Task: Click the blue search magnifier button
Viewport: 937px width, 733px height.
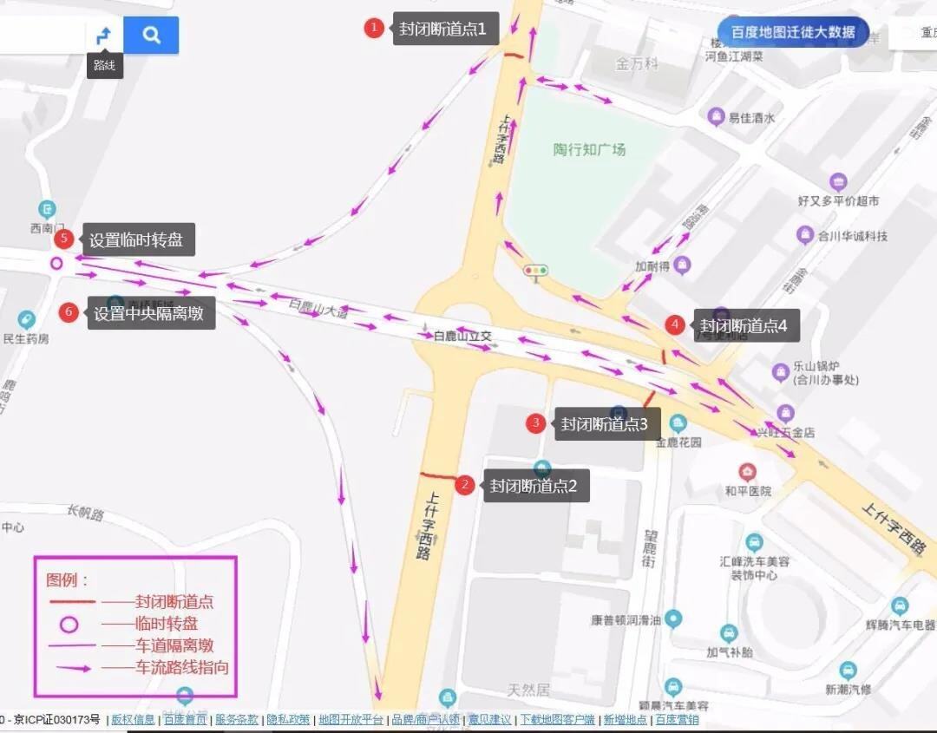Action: pyautogui.click(x=151, y=35)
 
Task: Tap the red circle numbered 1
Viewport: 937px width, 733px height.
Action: pyautogui.click(x=374, y=28)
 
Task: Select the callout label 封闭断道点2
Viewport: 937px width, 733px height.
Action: pyautogui.click(x=534, y=486)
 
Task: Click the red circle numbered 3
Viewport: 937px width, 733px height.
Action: pyautogui.click(x=536, y=423)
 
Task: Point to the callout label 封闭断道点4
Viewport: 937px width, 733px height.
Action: pyautogui.click(x=744, y=326)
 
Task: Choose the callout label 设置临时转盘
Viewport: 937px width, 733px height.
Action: pyautogui.click(x=136, y=240)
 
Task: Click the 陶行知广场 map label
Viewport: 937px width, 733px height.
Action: pyautogui.click(x=590, y=149)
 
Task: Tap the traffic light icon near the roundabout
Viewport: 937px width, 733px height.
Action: pyautogui.click(x=536, y=271)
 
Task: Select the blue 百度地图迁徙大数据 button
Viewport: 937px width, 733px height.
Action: pyautogui.click(x=793, y=33)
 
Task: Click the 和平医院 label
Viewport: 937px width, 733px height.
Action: pyautogui.click(x=748, y=490)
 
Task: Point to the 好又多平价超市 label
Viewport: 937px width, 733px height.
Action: pyautogui.click(x=838, y=200)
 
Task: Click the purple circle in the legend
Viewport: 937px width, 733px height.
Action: pyautogui.click(x=69, y=624)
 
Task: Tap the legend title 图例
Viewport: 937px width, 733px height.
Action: pyautogui.click(x=68, y=579)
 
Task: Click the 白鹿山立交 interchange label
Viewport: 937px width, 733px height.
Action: pyautogui.click(x=462, y=335)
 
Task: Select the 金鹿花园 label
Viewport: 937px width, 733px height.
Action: pyautogui.click(x=678, y=442)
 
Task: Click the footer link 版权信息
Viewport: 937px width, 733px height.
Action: pyautogui.click(x=133, y=719)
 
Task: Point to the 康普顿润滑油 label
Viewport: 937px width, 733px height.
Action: pyautogui.click(x=626, y=620)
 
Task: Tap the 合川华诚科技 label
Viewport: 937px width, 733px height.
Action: pyautogui.click(x=852, y=236)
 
